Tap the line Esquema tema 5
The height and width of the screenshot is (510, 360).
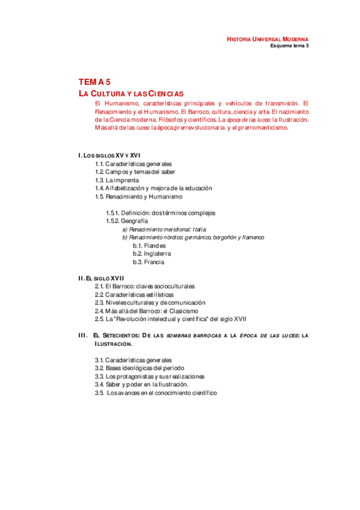point(289,46)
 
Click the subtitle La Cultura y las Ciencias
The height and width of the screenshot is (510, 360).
point(131,94)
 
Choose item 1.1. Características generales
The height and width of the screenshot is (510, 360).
point(133,164)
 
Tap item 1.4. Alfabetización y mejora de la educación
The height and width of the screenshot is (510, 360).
point(153,188)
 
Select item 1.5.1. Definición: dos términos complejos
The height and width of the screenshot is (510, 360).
point(160,213)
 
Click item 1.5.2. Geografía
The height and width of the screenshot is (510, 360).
point(127,221)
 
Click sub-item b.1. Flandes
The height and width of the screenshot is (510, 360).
point(149,245)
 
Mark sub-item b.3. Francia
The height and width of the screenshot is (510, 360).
point(148,262)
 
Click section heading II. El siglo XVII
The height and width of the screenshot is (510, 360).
point(102,278)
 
